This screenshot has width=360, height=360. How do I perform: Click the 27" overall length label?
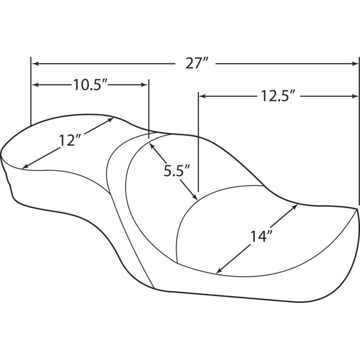[x=197, y=63]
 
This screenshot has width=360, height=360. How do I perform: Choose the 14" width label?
[x=261, y=237]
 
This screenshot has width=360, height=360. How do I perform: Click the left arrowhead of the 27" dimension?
[x=35, y=63]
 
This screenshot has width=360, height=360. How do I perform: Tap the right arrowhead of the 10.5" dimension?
[x=144, y=85]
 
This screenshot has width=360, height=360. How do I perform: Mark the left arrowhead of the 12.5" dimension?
[x=202, y=96]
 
